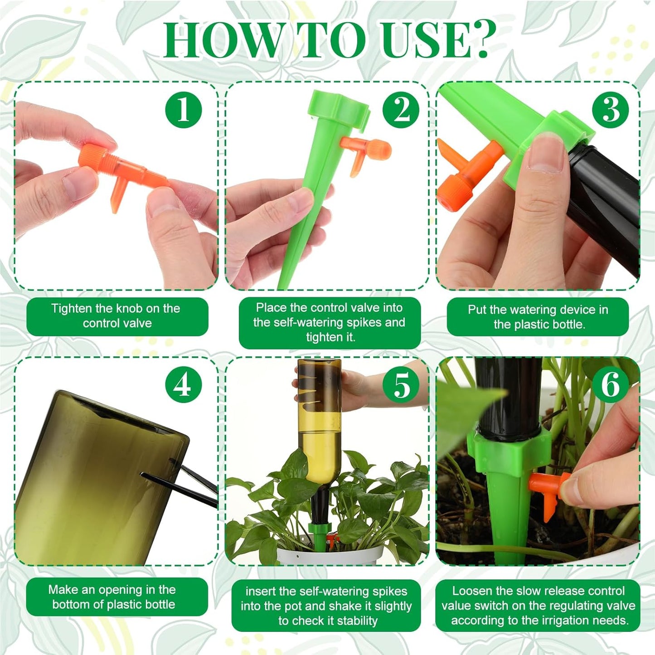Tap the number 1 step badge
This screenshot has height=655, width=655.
(183, 110)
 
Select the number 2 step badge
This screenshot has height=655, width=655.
(401, 110)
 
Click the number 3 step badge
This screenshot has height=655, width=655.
(611, 110)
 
